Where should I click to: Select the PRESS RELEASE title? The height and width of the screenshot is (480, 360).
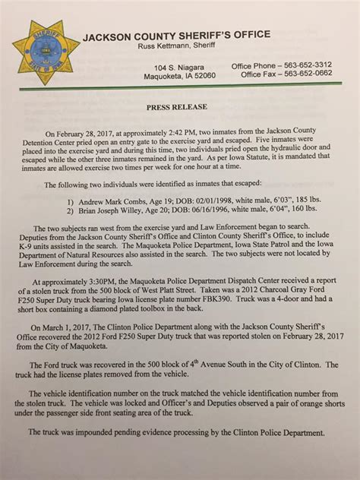coord(180,109)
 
